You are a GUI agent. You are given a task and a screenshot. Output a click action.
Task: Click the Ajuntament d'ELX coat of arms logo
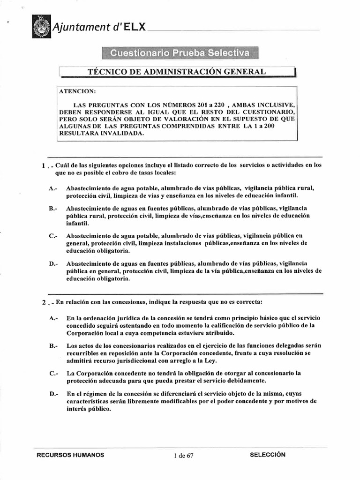coord(41,27)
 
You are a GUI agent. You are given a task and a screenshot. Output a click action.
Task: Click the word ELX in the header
coord(135,27)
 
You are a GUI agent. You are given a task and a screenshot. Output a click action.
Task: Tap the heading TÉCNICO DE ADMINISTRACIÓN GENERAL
coord(177,71)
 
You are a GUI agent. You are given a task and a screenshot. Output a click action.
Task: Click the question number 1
coord(43,166)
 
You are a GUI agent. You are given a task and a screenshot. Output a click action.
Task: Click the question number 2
coord(43,302)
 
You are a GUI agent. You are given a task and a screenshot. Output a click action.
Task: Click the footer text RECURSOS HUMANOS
coord(70,455)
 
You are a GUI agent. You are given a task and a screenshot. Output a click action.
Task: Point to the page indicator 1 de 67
coord(183,456)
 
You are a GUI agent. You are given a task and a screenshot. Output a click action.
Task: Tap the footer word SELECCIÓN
coord(268,455)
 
